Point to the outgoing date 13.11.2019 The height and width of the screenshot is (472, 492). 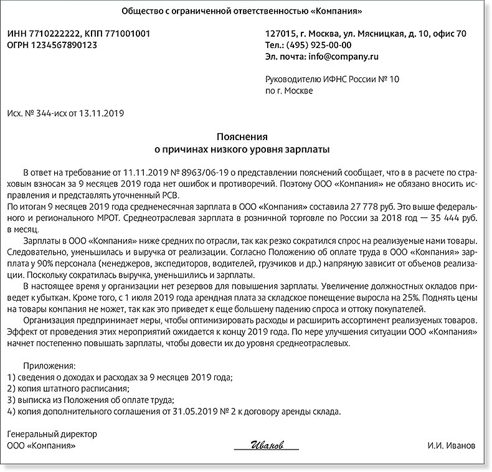click(x=106, y=113)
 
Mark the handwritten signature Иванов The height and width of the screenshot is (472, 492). click(x=267, y=446)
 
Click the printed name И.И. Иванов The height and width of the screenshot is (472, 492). click(x=451, y=446)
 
